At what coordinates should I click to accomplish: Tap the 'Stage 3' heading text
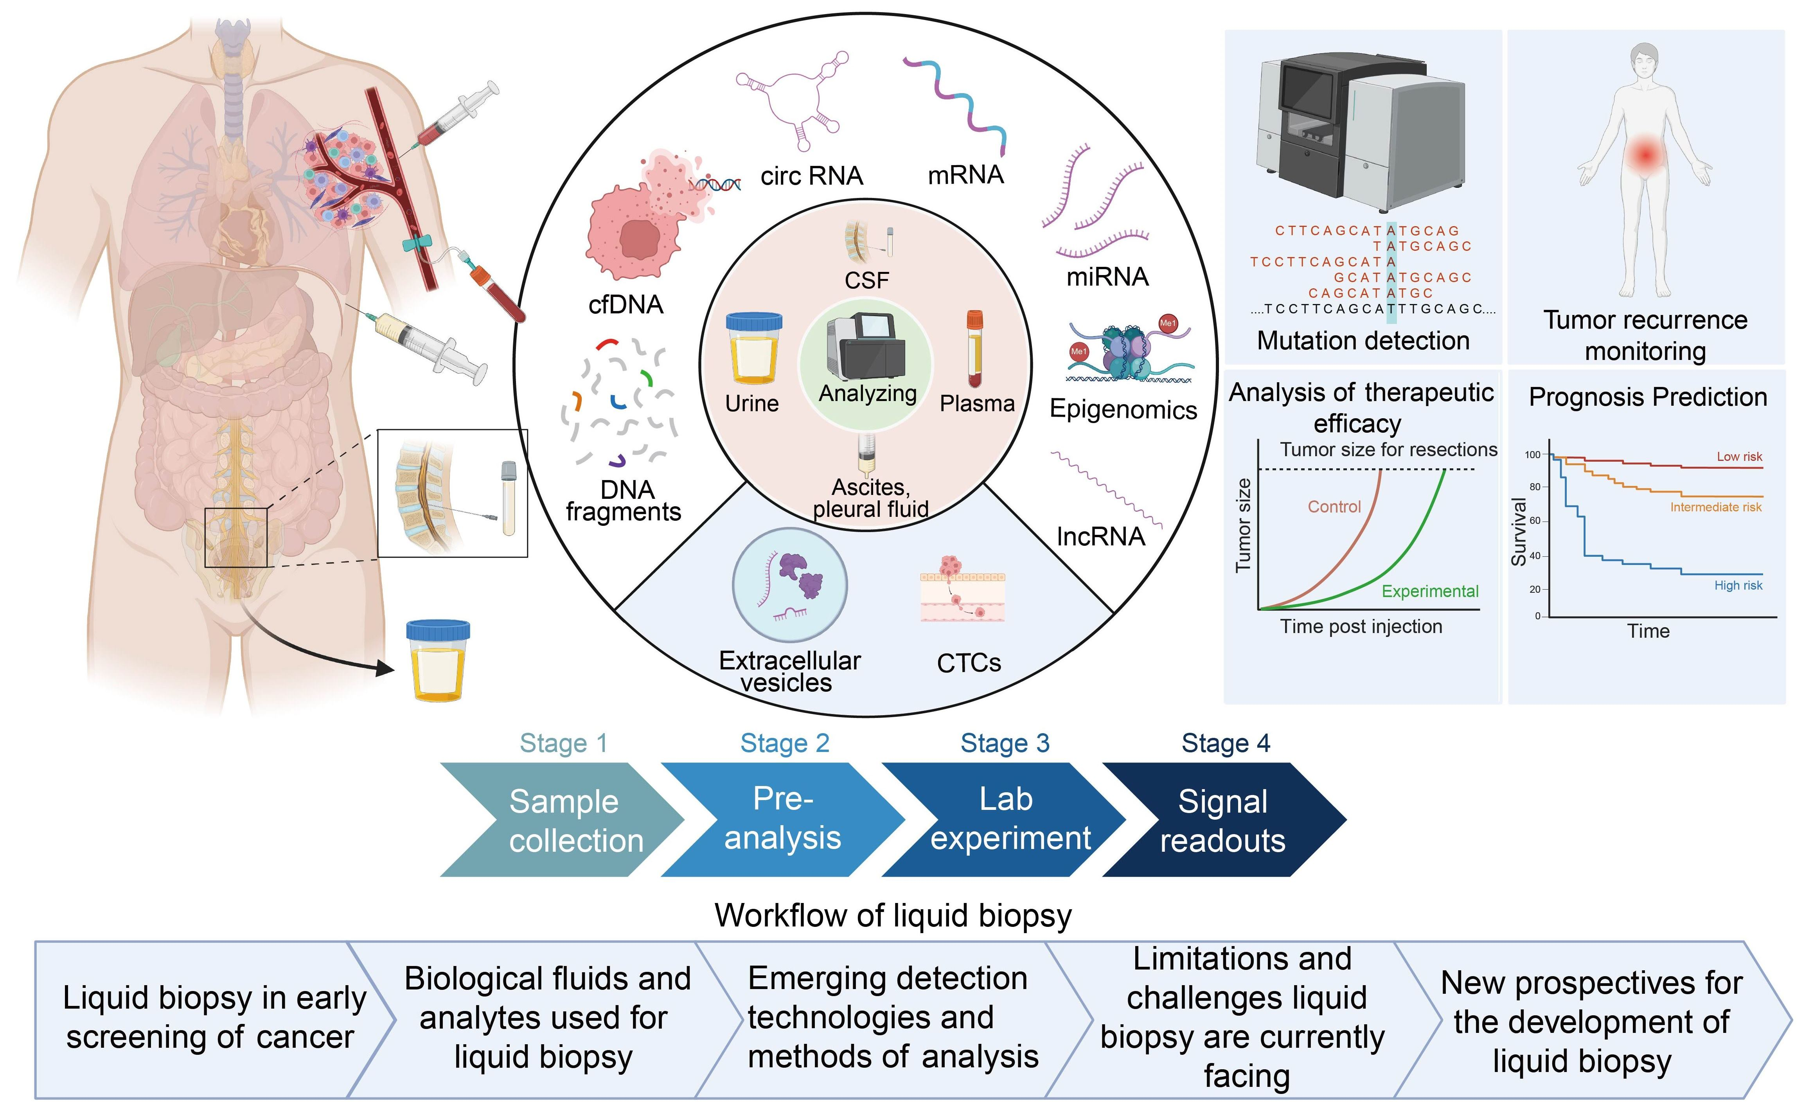[x=1005, y=743]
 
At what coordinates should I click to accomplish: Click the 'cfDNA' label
[x=626, y=304]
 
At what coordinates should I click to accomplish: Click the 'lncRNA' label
[x=1101, y=536]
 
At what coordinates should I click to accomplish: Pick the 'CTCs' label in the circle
[x=969, y=664]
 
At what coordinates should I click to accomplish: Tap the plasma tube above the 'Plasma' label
[x=975, y=349]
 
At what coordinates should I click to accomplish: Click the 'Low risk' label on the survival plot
[x=1740, y=457]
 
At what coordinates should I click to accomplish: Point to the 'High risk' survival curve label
[x=1738, y=585]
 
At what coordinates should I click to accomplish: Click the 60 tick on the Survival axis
[x=1534, y=521]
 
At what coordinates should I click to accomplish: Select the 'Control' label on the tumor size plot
[x=1334, y=507]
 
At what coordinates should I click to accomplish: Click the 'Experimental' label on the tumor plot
[x=1430, y=591]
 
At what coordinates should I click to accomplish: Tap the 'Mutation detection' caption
[x=1363, y=340]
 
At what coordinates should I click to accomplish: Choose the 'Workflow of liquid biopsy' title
[x=893, y=916]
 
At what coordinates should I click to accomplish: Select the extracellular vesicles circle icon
[x=790, y=585]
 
